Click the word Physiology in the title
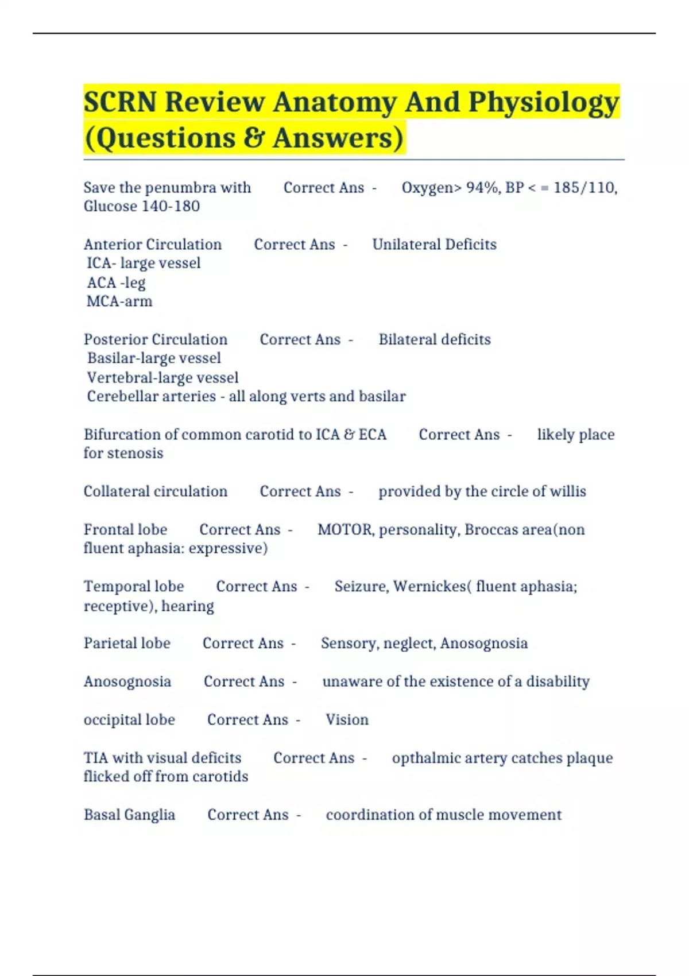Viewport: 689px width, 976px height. point(543,103)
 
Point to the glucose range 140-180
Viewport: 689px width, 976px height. point(171,206)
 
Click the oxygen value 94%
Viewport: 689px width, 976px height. point(482,188)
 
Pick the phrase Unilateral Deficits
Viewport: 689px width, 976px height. point(434,245)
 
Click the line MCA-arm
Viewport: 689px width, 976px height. point(119,301)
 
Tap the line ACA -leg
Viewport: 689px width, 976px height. point(116,282)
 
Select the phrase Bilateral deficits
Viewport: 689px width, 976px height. point(435,339)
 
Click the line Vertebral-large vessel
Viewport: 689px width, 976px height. point(162,378)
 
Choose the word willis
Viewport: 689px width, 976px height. point(568,491)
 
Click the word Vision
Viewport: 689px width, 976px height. point(347,719)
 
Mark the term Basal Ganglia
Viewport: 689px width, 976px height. point(129,815)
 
